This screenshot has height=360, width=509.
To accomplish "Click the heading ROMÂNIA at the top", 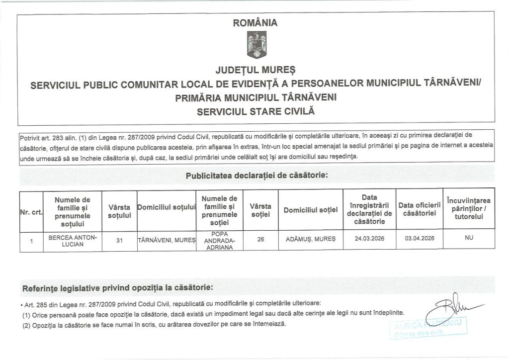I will (255, 22).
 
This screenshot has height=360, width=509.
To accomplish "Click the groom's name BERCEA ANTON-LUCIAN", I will (72, 241).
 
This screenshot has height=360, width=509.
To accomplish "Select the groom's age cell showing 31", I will (119, 241).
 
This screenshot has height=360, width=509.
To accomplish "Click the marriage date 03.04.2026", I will (420, 239).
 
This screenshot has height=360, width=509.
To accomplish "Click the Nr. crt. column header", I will (30, 211).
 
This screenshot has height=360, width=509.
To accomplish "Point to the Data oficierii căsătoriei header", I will (420, 209).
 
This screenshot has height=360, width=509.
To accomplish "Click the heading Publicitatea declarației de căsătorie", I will (256, 176).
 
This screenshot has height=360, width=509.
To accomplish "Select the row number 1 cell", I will (31, 241).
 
